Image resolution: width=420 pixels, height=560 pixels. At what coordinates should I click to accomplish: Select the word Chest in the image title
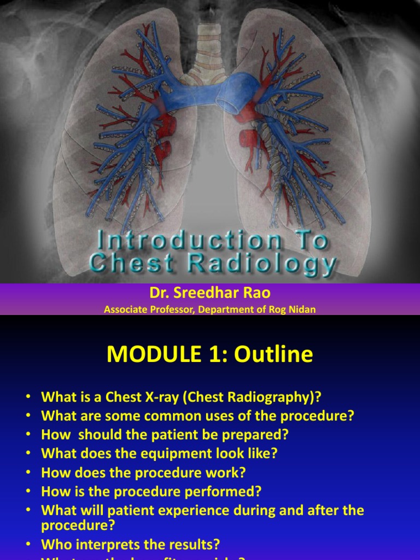tap(125, 264)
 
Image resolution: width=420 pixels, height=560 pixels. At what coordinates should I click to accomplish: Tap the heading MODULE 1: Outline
tap(210, 354)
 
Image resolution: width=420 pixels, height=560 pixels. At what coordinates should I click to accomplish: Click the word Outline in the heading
tap(274, 354)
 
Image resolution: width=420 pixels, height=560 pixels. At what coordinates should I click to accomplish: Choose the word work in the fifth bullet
tap(231, 472)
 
